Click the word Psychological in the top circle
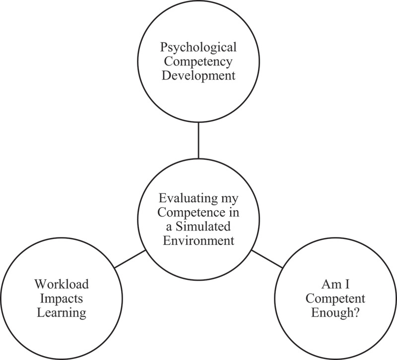[x=198, y=48]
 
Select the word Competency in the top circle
[x=198, y=63]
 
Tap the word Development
[x=198, y=77]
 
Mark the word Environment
[x=198, y=241]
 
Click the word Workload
[x=61, y=284]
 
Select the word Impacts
[x=61, y=299]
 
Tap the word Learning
[x=61, y=313]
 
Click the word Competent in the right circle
[x=336, y=299]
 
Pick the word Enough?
[x=336, y=313]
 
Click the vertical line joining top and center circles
[x=198, y=140]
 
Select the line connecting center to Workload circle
[x=130, y=259]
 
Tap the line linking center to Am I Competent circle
[x=267, y=259]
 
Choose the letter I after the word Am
[x=343, y=284]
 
